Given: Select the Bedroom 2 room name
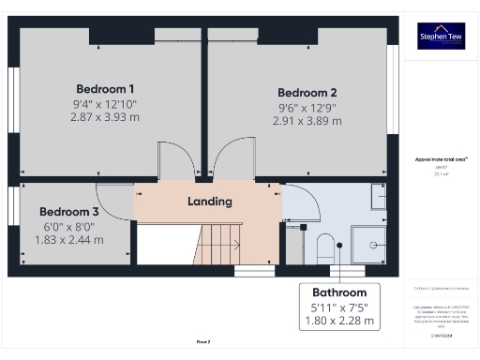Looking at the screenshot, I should click(x=307, y=93).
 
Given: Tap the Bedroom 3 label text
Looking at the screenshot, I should click(x=68, y=212).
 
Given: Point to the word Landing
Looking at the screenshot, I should click(x=210, y=202).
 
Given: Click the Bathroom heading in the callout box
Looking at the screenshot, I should click(x=338, y=292).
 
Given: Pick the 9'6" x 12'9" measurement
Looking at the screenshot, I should click(x=307, y=107).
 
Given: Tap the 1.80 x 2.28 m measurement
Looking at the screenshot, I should click(x=338, y=322).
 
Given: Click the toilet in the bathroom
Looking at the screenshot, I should click(x=324, y=248).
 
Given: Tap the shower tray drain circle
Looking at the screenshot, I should click(x=374, y=245).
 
